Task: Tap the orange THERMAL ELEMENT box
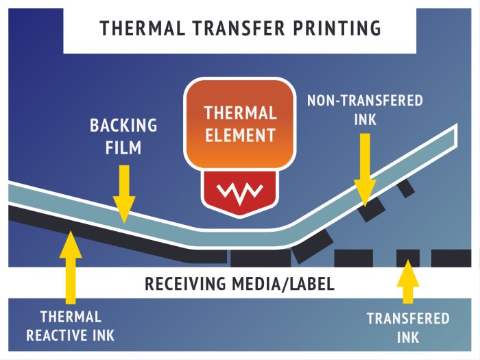pos(240,123)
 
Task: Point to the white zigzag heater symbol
pos(240,190)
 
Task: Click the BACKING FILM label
pos(123,136)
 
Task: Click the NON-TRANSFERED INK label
pos(365,110)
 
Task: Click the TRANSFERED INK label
pos(408,328)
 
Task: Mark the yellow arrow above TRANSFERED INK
pos(408,281)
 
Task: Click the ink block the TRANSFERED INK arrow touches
pos(408,259)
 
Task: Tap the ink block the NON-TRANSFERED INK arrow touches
pos(370,209)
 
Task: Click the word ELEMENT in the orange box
pos(240,134)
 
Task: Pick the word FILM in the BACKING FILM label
pos(124,146)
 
